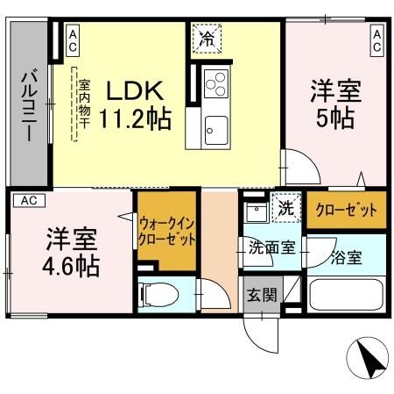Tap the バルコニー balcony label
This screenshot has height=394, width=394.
coord(27,107)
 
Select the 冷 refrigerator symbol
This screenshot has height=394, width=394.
coord(207,38)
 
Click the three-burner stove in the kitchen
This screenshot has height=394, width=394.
coord(215,85)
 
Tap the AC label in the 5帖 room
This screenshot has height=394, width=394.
coord(376,38)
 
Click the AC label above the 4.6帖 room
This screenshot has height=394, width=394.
coord(28,200)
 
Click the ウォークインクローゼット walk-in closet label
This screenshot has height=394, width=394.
coord(166,232)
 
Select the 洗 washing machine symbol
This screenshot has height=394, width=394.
coord(285,209)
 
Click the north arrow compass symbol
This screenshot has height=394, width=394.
coord(368,359)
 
